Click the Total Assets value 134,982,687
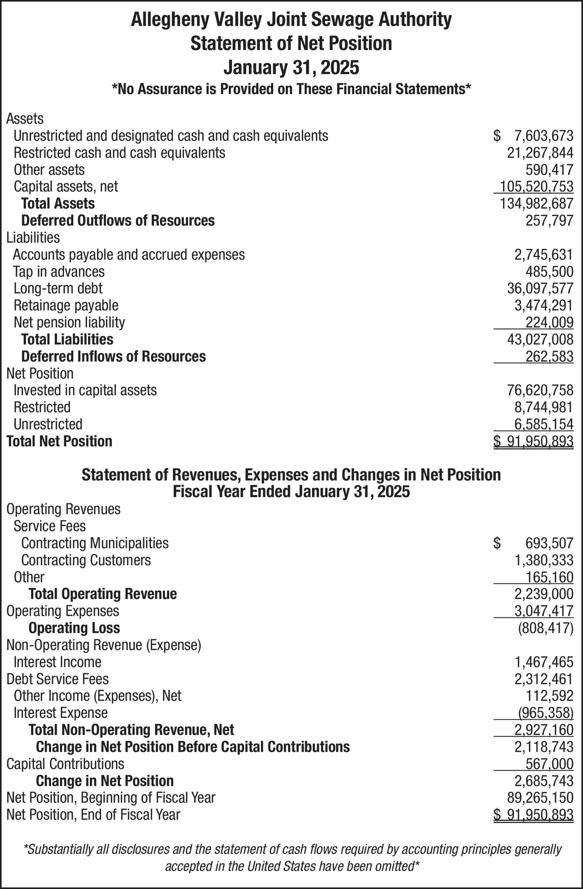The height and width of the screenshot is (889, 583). pyautogui.click(x=536, y=204)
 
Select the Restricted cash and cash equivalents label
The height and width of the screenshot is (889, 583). pyautogui.click(x=119, y=153)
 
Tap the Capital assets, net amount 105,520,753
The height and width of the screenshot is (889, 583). pyautogui.click(x=536, y=187)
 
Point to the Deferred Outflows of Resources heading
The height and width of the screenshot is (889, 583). pyautogui.click(x=118, y=221)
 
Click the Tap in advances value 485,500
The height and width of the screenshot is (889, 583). pyautogui.click(x=549, y=272)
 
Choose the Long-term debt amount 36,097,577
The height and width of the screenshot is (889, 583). pyautogui.click(x=540, y=288)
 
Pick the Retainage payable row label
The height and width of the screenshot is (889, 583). pyautogui.click(x=66, y=306)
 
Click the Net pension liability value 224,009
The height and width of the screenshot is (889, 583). pyautogui.click(x=549, y=323)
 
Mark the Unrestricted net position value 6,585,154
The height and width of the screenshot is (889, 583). pyautogui.click(x=544, y=424)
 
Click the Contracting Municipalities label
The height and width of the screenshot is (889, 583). pyautogui.click(x=95, y=543)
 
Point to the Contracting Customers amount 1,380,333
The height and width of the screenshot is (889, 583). pyautogui.click(x=544, y=560)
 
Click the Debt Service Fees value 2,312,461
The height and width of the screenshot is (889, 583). pyautogui.click(x=544, y=679)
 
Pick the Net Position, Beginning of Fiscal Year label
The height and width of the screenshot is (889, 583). pyautogui.click(x=110, y=798)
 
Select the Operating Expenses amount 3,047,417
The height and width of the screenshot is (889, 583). pyautogui.click(x=544, y=611)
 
